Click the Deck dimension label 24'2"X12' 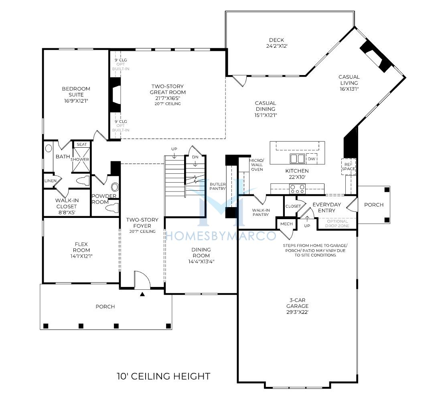[276, 46]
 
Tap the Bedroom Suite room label [76, 92]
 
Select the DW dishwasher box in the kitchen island [312, 159]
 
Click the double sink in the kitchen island [297, 159]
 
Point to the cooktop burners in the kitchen [298, 189]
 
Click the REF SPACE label [349, 167]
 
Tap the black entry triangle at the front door [142, 294]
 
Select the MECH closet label [286, 224]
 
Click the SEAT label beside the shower [82, 144]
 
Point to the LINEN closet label [51, 181]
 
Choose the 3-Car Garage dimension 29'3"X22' [297, 312]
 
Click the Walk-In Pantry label [261, 212]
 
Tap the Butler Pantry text [217, 186]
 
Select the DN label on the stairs [195, 157]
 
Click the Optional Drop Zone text [337, 224]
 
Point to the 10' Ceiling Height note [164, 376]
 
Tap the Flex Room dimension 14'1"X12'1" [81, 256]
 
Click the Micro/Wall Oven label [257, 165]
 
